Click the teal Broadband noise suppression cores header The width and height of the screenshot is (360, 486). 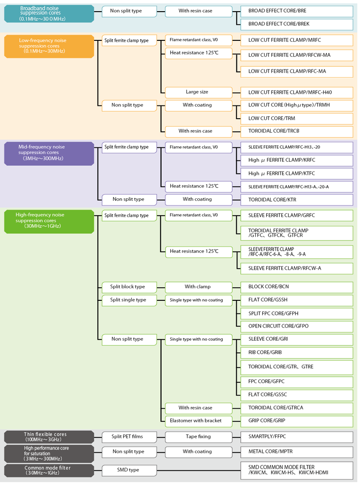(49, 14)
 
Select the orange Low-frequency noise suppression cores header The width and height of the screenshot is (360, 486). (49, 46)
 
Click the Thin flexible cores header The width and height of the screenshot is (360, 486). (49, 436)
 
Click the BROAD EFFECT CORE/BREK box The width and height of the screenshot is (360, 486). (297, 24)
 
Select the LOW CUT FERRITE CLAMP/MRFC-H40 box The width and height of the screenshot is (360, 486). (297, 92)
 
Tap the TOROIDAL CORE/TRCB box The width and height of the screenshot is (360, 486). (297, 131)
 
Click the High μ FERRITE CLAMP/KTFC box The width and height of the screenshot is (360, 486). (297, 174)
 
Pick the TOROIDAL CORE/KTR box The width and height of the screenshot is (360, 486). (297, 199)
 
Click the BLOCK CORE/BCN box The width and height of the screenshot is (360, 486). (297, 287)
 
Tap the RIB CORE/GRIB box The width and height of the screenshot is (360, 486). (297, 352)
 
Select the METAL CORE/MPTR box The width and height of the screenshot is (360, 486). (297, 451)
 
